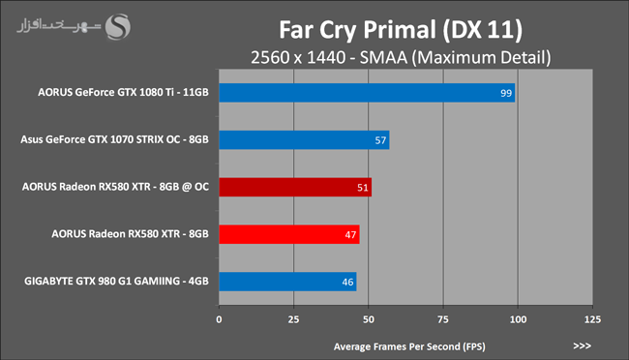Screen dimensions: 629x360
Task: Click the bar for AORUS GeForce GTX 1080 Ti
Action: [367, 93]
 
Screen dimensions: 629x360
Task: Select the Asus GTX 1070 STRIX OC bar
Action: [304, 140]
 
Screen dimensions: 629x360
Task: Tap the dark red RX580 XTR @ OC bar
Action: [295, 187]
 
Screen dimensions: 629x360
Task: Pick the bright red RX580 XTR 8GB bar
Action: [289, 234]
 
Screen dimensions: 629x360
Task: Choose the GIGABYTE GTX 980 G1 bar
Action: [287, 282]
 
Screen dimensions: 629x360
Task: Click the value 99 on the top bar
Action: [506, 93]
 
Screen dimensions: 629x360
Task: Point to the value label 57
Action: [380, 140]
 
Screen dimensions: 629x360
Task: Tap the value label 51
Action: [363, 188]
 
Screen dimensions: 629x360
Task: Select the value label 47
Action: [350, 235]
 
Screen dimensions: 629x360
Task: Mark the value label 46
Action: [347, 282]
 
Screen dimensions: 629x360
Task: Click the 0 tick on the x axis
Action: [219, 319]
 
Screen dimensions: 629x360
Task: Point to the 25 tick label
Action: [293, 319]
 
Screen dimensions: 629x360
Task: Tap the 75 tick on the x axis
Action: [443, 319]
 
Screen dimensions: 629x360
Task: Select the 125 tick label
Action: [592, 319]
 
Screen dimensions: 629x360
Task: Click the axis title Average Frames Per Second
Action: [409, 346]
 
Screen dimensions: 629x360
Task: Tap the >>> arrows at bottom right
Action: [582, 345]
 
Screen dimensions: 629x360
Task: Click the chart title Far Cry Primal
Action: [401, 30]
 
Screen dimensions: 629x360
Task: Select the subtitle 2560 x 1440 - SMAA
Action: [401, 57]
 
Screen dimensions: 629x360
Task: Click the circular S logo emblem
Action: [117, 27]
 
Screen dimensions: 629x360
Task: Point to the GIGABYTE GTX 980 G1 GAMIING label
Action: [116, 281]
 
